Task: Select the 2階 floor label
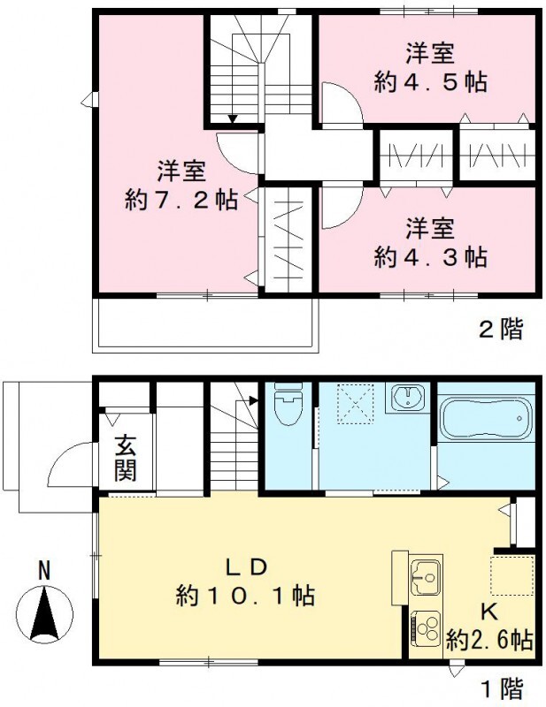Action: [x=501, y=331]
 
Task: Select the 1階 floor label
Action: [x=501, y=687]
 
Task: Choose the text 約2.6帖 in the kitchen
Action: [x=489, y=639]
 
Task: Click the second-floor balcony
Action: [x=205, y=323]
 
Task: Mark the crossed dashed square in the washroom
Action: [x=355, y=402]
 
